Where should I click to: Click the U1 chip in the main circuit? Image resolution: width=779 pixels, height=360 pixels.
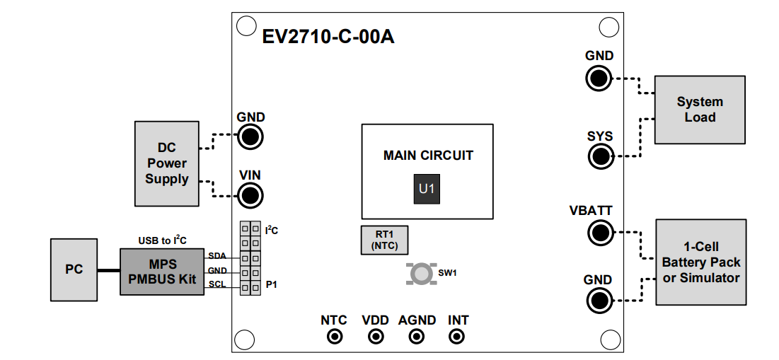tap(427, 189)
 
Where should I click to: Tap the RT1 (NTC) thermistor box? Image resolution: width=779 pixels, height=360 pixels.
tap(384, 240)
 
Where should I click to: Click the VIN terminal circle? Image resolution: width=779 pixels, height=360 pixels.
tap(249, 194)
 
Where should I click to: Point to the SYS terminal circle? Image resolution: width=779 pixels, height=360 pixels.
tap(600, 156)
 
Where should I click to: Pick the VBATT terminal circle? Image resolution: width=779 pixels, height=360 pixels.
tap(600, 232)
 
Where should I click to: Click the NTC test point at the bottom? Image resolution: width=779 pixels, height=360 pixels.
tap(334, 337)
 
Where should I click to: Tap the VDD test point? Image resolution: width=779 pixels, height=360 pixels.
tap(375, 337)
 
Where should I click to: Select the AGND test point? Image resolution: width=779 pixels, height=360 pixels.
tap(417, 337)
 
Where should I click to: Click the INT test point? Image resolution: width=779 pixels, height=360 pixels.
tap(458, 337)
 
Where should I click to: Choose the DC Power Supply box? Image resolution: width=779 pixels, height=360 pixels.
tap(167, 163)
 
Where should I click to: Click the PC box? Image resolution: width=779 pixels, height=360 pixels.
tap(74, 269)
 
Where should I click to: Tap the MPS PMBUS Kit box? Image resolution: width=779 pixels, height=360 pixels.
tap(162, 272)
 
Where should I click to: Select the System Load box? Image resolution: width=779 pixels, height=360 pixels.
tap(699, 110)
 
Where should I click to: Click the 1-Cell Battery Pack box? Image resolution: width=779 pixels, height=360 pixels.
tap(700, 262)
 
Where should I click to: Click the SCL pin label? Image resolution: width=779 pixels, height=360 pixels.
tap(217, 284)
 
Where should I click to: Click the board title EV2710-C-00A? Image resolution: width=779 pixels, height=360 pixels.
tap(328, 37)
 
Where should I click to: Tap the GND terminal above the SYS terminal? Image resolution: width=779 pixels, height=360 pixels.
tap(599, 78)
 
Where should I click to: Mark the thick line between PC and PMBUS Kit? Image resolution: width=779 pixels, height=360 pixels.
tap(108, 270)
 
